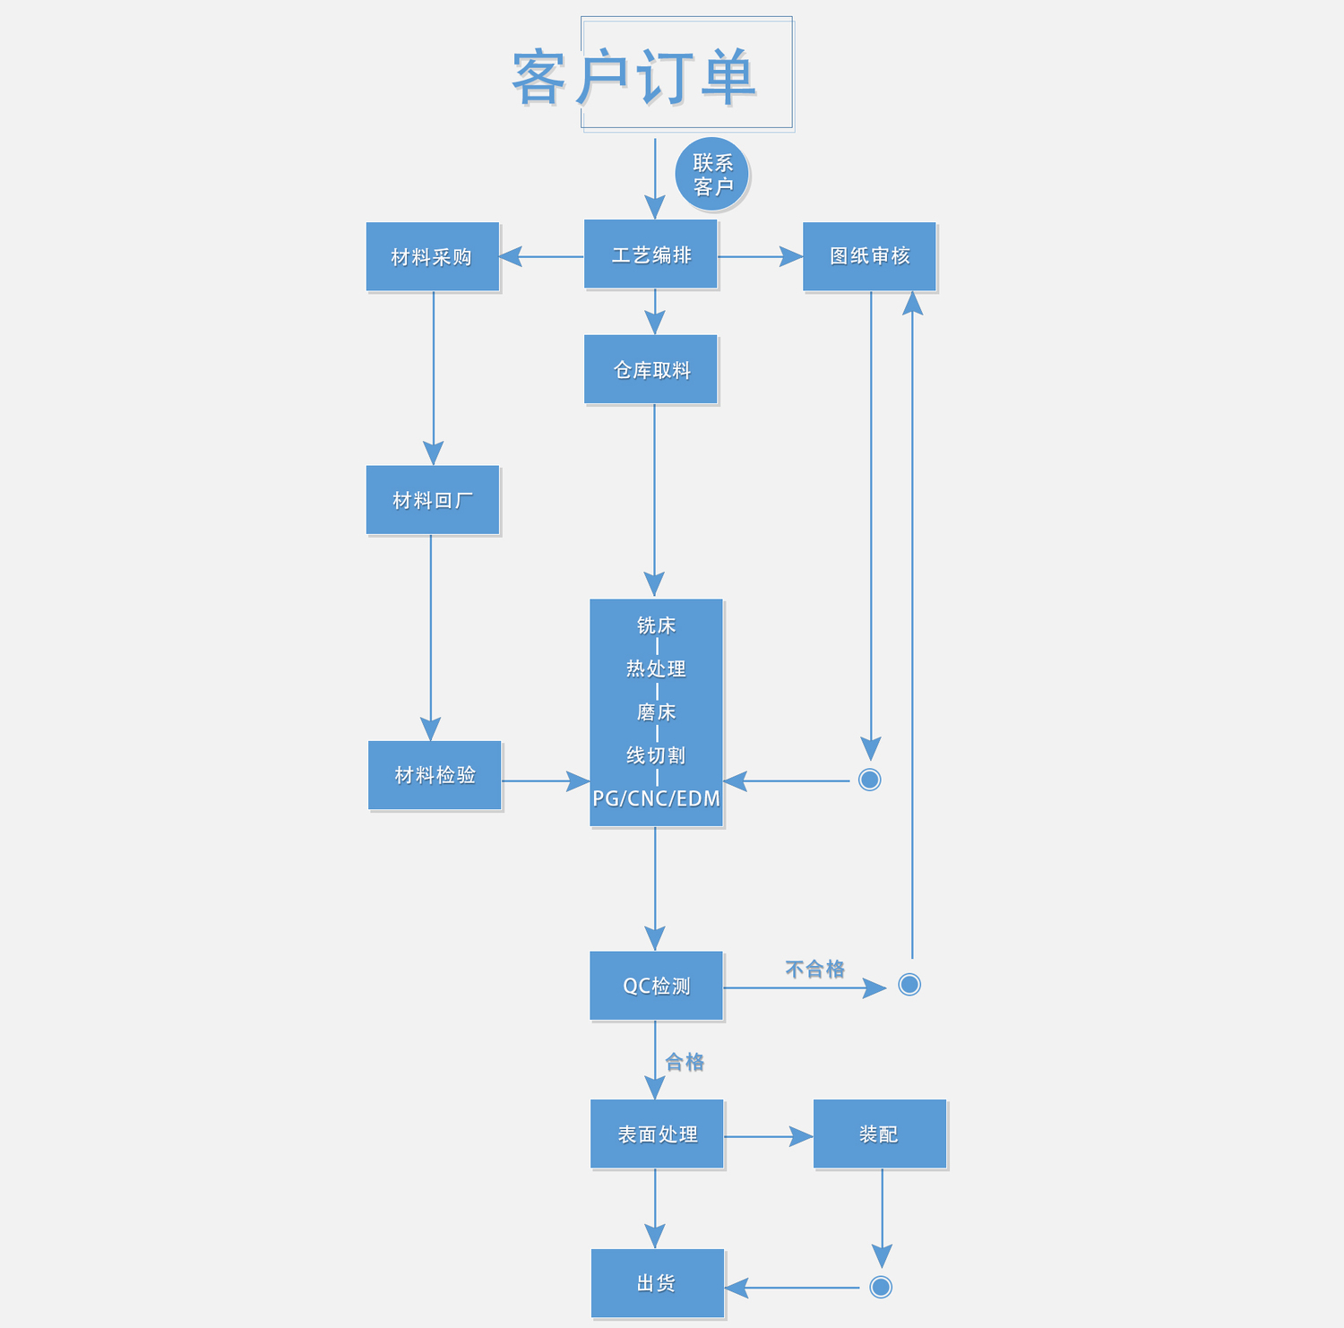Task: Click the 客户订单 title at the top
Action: pos(634,77)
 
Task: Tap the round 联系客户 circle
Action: pos(712,175)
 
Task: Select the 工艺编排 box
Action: pos(650,255)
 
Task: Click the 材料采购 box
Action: pos(432,257)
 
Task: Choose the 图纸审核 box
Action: pos(869,256)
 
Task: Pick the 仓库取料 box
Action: pos(651,369)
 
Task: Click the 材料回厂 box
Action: pos(433,500)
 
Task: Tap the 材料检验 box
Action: pos(435,775)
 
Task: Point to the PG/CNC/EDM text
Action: pos(656,798)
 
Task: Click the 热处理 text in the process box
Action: pos(656,668)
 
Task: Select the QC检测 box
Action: pos(656,986)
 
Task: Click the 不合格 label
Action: pos(814,969)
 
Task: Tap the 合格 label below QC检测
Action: pos(685,1062)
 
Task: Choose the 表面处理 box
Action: pos(657,1134)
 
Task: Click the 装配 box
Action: pos(879,1134)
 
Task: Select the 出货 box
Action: pos(657,1283)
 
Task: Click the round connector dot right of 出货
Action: pos(881,1287)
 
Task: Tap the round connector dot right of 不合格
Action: pos(909,985)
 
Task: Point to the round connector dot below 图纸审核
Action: pos(869,780)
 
